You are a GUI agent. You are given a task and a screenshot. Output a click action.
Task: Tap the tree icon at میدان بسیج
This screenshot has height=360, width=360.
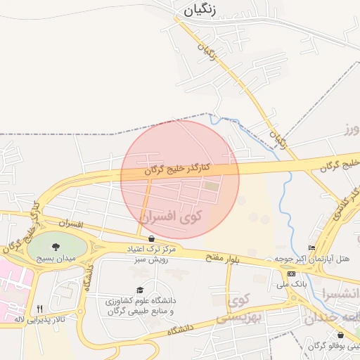56,246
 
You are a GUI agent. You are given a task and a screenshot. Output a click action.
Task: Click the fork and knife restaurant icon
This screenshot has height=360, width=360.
39,308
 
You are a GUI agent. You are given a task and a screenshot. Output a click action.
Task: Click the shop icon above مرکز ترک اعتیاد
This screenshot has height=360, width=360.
151,238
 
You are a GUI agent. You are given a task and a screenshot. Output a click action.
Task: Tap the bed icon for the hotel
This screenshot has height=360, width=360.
311,248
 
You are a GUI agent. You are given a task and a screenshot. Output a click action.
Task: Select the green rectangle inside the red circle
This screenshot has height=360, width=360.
211,186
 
